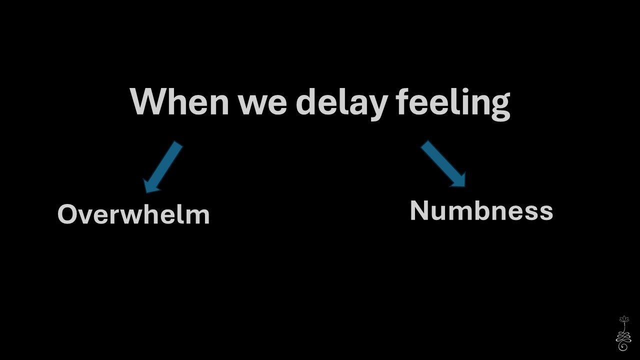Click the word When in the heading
[x=179, y=101]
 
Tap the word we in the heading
[x=263, y=105]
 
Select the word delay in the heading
[x=342, y=104]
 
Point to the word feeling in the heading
[x=453, y=104]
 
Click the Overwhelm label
[x=133, y=214]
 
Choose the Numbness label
[x=481, y=211]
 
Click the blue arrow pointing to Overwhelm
[x=162, y=167]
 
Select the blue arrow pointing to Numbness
[x=443, y=163]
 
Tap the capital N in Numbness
[x=419, y=211]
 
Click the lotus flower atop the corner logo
[x=624, y=319]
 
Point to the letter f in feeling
[x=403, y=101]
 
